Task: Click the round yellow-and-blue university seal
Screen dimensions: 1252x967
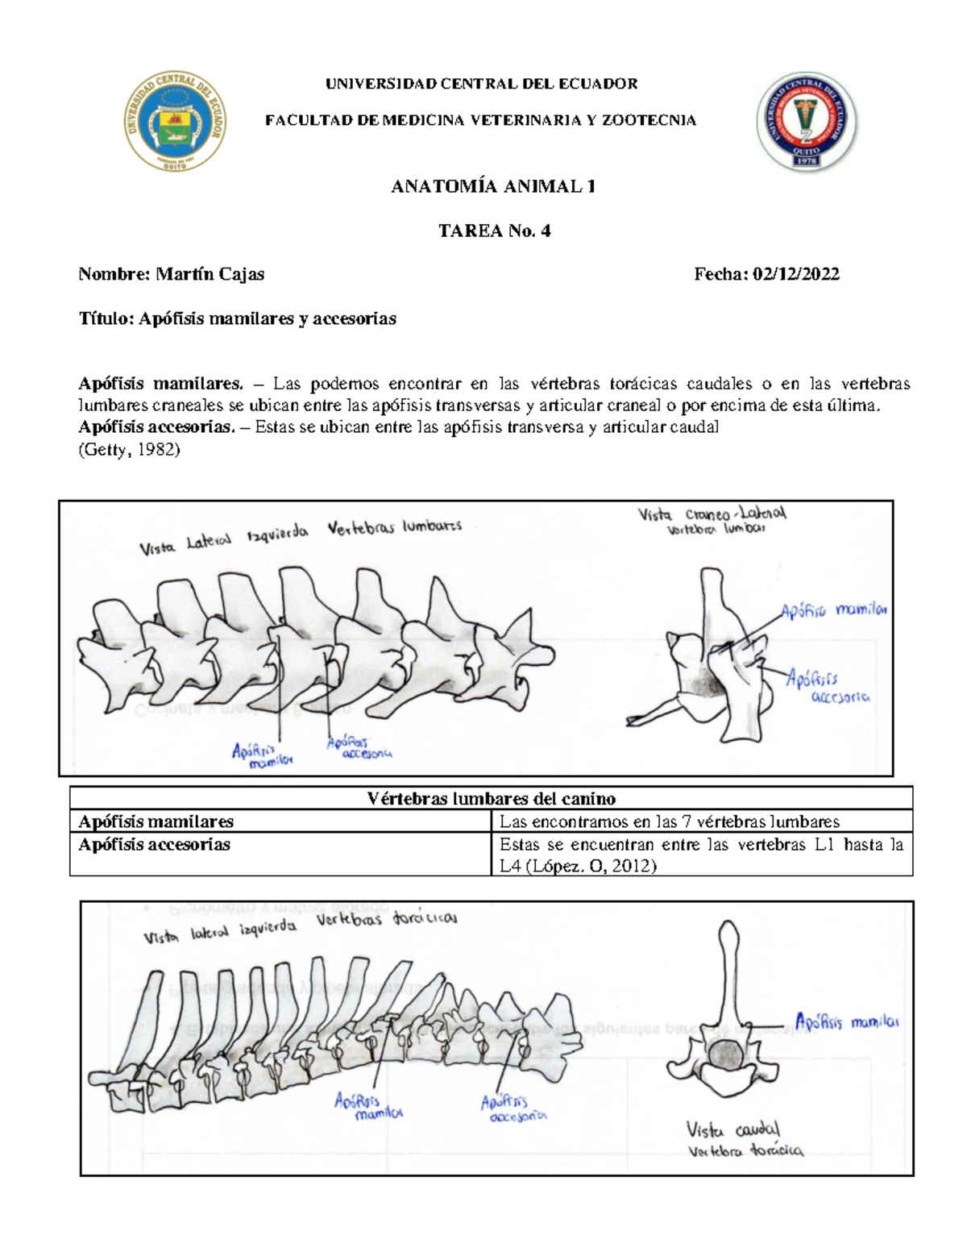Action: tap(175, 121)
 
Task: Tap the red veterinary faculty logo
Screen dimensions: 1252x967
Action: tap(807, 122)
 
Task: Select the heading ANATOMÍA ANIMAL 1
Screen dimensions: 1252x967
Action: tap(493, 187)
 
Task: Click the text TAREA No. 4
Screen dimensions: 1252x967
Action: tap(494, 231)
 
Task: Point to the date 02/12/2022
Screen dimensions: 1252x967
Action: tap(795, 274)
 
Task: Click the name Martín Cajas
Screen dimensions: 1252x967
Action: tap(210, 274)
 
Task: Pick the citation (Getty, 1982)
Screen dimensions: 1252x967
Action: tap(129, 450)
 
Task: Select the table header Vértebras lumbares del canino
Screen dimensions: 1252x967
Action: tap(491, 798)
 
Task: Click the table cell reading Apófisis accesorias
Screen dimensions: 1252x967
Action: tap(154, 844)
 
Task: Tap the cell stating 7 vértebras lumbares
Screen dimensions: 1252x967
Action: tap(669, 821)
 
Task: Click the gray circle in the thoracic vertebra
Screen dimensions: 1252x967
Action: tap(727, 1054)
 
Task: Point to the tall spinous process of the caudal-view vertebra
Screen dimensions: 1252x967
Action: tap(728, 967)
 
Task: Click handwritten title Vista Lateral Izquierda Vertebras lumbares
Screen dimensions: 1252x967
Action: tap(300, 536)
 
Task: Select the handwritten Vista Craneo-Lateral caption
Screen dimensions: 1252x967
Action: tap(712, 520)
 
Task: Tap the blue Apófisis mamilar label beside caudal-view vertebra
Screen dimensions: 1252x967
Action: tap(846, 1022)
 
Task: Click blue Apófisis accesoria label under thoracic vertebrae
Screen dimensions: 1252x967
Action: tap(513, 1108)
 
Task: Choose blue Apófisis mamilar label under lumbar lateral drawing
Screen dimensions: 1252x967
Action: tap(261, 755)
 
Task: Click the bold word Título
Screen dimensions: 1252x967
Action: tap(105, 318)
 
